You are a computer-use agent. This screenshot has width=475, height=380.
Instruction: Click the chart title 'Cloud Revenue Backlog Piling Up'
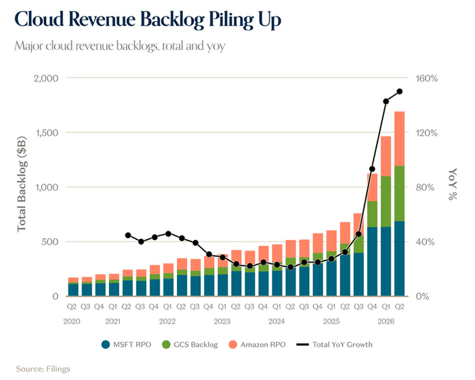click(x=148, y=20)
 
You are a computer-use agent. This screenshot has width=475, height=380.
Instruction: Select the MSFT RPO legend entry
click(x=126, y=345)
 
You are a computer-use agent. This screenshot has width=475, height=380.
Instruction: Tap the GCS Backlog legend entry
click(x=190, y=345)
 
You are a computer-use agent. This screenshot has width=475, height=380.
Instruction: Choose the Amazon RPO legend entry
click(x=257, y=345)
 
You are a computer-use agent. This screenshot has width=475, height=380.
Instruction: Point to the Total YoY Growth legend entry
click(x=335, y=345)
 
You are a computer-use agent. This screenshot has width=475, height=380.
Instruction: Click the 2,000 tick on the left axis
click(x=46, y=78)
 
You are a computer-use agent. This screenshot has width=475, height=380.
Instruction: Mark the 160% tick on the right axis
click(x=426, y=79)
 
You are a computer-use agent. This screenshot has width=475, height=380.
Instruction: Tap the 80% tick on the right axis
click(x=426, y=187)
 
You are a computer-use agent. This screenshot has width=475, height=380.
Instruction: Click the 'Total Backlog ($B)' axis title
click(x=22, y=185)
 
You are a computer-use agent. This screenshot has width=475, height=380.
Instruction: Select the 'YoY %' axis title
click(x=452, y=184)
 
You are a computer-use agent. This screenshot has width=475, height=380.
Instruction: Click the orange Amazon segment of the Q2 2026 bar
click(x=399, y=139)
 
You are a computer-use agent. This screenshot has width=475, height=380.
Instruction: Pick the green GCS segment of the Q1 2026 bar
click(x=386, y=202)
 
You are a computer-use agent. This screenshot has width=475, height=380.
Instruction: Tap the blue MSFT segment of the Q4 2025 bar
click(x=372, y=261)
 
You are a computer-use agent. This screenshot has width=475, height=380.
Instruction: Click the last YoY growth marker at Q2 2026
click(x=400, y=92)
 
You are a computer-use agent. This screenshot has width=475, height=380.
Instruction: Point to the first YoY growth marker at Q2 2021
click(x=128, y=235)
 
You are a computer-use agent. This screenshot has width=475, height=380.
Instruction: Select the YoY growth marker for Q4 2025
click(x=372, y=169)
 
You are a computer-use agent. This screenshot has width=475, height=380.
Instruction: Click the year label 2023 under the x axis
click(x=222, y=321)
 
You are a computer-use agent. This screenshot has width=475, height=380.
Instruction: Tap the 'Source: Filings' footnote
click(x=43, y=368)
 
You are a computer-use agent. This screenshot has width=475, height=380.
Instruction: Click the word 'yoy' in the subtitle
click(x=216, y=46)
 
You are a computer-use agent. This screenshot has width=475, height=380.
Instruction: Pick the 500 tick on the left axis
click(x=51, y=242)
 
